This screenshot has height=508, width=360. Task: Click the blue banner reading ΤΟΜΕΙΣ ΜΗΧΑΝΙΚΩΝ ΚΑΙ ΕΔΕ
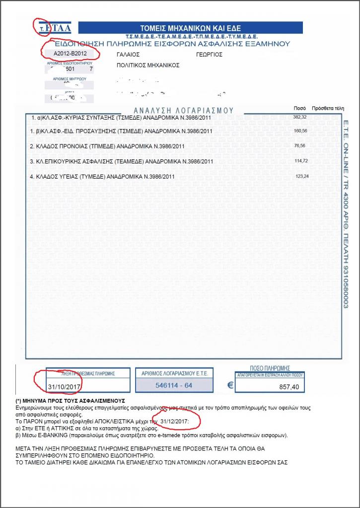[191, 28]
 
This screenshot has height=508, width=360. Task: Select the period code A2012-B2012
[67, 53]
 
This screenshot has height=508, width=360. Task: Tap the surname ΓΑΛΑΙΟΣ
[128, 54]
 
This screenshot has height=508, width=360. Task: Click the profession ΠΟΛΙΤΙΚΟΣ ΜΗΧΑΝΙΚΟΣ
[147, 65]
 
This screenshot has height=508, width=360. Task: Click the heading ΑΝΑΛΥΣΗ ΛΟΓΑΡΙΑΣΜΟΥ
[184, 110]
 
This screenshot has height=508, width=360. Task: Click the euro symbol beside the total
[230, 384]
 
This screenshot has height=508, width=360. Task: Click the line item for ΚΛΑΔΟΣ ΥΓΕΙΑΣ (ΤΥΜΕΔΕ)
[102, 177]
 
